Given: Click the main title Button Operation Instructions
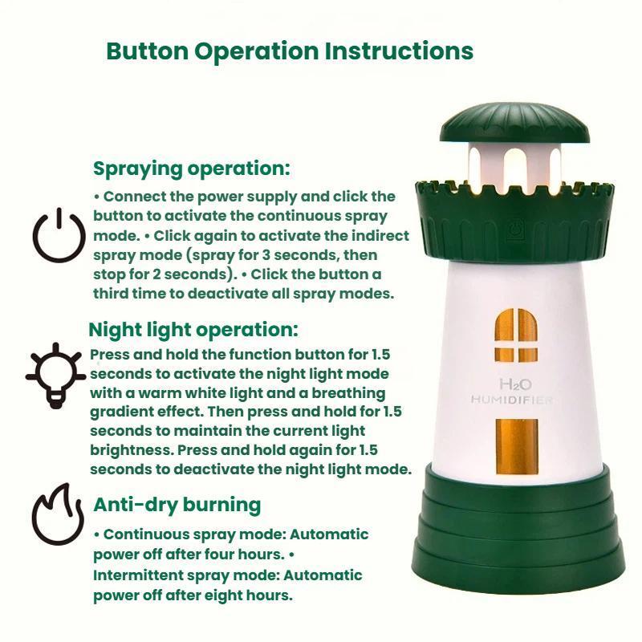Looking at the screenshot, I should [x=290, y=51].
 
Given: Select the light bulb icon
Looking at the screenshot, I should [x=55, y=376].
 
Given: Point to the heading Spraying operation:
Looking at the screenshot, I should [x=191, y=169].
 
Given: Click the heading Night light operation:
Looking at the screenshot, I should [x=193, y=330].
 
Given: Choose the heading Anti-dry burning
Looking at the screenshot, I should [x=177, y=505].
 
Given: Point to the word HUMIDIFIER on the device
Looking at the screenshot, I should [x=512, y=400].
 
